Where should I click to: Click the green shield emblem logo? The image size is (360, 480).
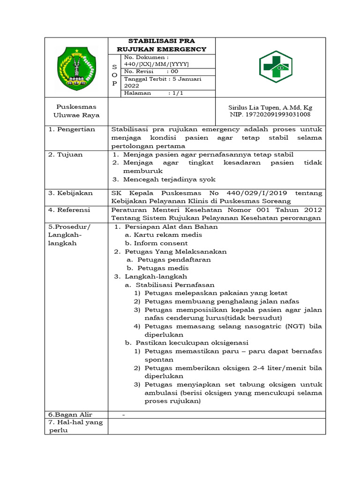[76, 69]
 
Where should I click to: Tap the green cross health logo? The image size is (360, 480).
[276, 67]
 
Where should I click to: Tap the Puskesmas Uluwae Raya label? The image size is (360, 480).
[76, 111]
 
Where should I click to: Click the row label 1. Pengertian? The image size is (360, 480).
[72, 129]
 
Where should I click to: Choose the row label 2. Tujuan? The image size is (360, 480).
[66, 154]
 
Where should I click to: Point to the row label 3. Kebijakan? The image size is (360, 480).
[71, 193]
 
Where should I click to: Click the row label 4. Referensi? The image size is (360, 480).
[71, 210]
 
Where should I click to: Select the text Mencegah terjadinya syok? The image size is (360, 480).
[169, 179]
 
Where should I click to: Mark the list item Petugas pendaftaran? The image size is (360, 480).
[174, 260]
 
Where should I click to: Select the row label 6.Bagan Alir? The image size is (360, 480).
[71, 414]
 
